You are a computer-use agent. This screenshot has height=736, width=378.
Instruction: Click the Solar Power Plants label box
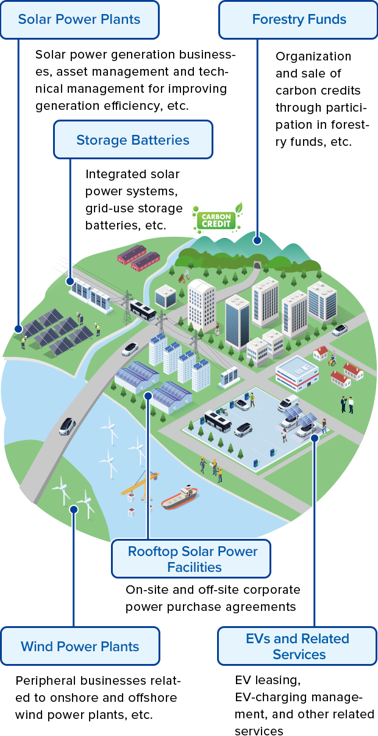pyautogui.click(x=80, y=20)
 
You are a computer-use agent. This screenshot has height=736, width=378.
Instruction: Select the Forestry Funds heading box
pyautogui.click(x=298, y=20)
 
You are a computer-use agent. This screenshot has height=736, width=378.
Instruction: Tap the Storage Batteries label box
pyautogui.click(x=133, y=140)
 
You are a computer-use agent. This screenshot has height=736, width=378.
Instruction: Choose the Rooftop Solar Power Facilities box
pyautogui.click(x=191, y=559)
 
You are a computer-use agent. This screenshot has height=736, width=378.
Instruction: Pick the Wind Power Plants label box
pyautogui.click(x=80, y=646)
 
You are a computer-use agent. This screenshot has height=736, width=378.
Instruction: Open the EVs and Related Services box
pyautogui.click(x=298, y=647)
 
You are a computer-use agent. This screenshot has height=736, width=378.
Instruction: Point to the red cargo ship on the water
pyautogui.click(x=180, y=499)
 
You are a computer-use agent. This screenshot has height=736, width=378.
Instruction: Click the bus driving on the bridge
pyautogui.click(x=143, y=311)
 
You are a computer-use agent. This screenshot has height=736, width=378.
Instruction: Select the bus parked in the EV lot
pyautogui.click(x=216, y=420)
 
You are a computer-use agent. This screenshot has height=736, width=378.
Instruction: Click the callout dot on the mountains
pyautogui.click(x=257, y=240)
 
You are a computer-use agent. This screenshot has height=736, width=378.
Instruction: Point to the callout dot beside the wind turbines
pyautogui.click(x=74, y=508)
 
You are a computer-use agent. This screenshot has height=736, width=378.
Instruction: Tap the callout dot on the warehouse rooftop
pyautogui.click(x=148, y=395)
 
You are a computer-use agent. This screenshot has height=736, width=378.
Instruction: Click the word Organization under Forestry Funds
pyautogui.click(x=313, y=57)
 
